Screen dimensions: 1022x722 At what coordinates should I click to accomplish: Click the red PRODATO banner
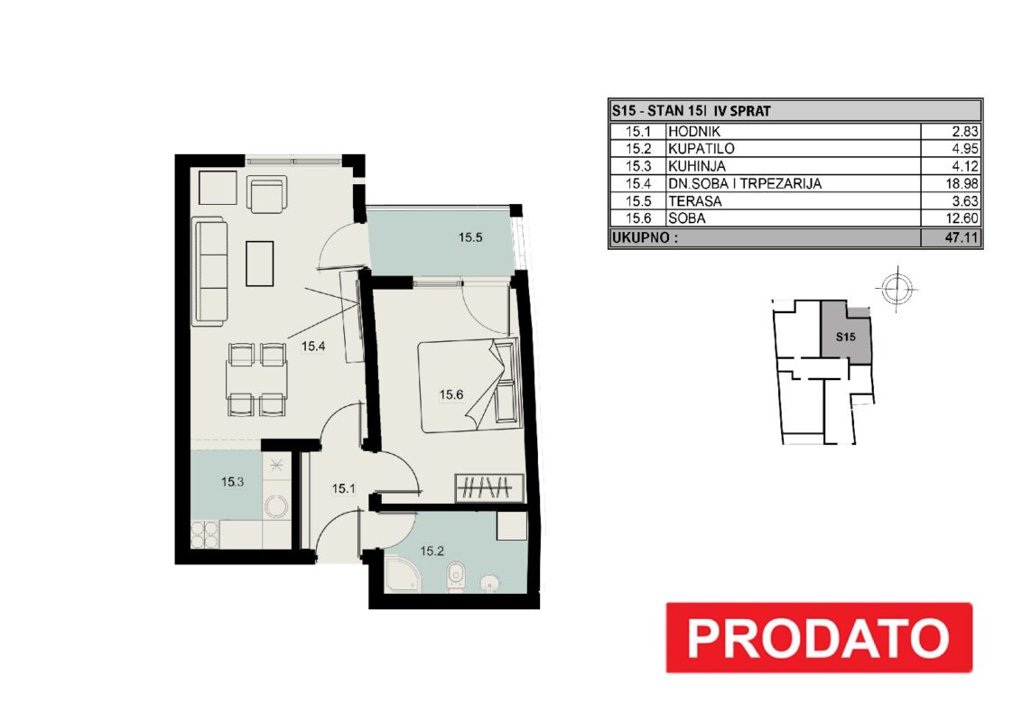[x=819, y=637]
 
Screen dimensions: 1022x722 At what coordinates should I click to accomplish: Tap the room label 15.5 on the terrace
[x=470, y=238]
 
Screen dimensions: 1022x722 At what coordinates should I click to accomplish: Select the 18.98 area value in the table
[x=962, y=184]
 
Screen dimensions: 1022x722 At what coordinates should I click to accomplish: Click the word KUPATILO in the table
[x=701, y=149]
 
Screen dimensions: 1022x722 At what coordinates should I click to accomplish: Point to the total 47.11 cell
[x=962, y=237]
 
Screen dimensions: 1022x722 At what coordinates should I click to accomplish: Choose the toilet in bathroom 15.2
[x=454, y=577]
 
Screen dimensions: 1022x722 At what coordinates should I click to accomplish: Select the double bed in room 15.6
[x=469, y=385]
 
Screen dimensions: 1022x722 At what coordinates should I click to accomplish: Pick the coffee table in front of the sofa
[x=259, y=264]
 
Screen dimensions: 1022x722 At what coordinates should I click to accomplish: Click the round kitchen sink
[x=276, y=506]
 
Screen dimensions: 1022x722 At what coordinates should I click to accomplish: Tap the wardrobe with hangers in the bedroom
[x=488, y=489]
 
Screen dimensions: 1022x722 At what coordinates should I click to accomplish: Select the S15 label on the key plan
[x=845, y=337]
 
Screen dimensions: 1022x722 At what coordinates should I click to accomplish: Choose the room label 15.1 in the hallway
[x=343, y=488]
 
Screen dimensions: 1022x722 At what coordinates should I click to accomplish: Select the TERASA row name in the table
[x=695, y=201]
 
